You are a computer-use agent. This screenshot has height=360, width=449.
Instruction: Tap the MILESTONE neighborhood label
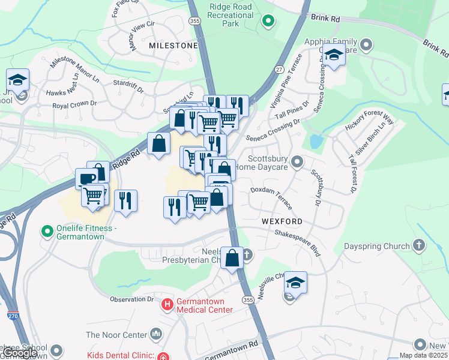[x=173, y=46]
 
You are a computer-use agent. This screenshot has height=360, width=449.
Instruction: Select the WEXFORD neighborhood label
[x=282, y=221]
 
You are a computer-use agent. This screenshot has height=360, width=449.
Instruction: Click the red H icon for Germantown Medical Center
[x=167, y=305]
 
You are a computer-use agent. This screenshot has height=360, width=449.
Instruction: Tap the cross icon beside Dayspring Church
[x=419, y=245]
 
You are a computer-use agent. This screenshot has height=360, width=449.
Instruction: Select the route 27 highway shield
[x=279, y=70]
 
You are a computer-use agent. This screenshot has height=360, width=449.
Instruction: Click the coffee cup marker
[x=86, y=178]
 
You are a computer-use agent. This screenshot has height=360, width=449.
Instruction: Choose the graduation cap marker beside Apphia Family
[x=333, y=56]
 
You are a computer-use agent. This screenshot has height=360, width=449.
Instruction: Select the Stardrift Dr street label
[x=127, y=86]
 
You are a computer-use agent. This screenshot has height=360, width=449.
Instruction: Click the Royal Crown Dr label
[x=74, y=104]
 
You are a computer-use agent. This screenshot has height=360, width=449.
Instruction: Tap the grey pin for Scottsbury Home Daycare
[x=297, y=162]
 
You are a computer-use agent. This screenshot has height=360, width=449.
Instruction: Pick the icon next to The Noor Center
[x=157, y=333]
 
